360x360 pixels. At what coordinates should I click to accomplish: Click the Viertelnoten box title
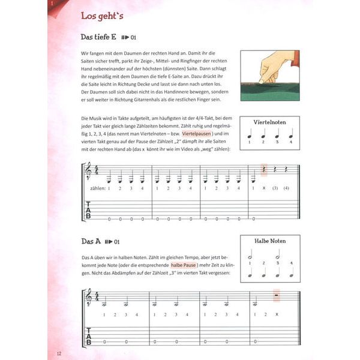269,122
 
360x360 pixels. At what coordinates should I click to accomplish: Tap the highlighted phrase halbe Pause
186,264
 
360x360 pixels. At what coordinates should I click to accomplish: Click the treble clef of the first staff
90,172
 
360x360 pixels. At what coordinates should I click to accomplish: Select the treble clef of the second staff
90,298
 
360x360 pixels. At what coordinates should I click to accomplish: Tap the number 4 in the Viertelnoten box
290,142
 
